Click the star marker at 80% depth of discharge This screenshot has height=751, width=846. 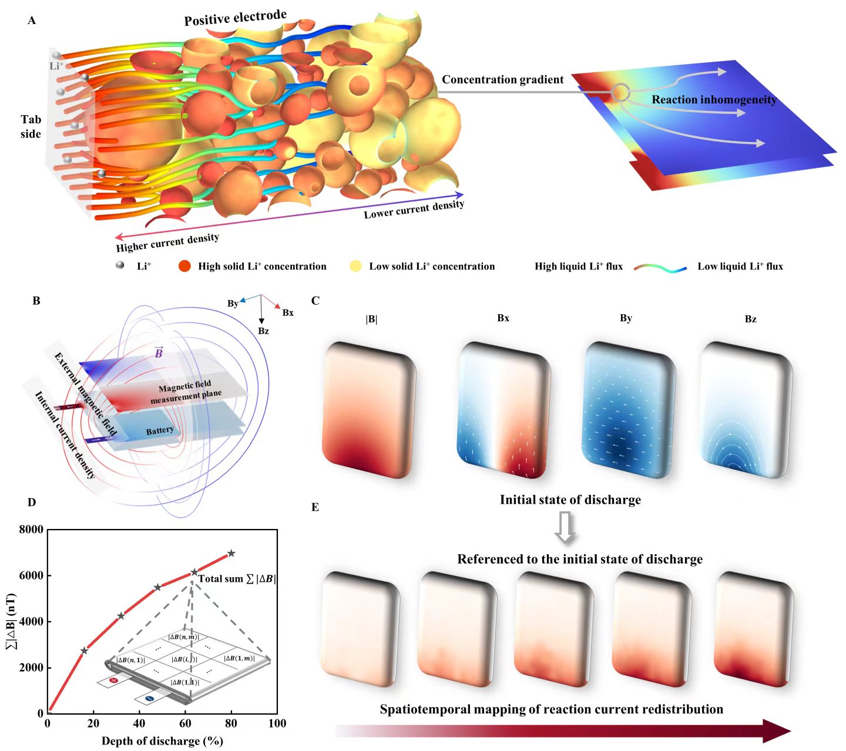(231, 553)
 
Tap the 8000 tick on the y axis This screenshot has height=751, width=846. (31, 530)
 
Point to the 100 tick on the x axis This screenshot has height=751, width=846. (277, 723)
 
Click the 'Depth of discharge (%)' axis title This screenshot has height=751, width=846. (162, 741)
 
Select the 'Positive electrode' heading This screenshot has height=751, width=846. (235, 18)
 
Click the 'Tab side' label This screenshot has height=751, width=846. (31, 127)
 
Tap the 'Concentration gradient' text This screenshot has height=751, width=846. (502, 80)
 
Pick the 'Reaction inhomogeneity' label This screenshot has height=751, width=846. (714, 100)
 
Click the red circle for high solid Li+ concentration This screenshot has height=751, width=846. (184, 266)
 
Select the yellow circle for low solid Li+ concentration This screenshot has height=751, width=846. (355, 266)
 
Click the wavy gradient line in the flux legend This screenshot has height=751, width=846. (660, 268)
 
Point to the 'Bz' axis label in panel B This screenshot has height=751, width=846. (263, 331)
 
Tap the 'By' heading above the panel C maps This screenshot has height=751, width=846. (626, 318)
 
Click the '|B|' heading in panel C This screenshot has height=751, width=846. (371, 319)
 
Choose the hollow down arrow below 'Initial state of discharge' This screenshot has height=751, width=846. (566, 527)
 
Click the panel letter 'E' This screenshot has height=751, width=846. (315, 507)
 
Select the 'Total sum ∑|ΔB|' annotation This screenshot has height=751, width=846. (236, 579)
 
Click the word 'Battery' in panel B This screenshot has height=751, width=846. (160, 431)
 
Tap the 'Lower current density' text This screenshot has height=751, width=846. (414, 209)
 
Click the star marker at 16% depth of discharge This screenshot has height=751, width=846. (84, 651)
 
